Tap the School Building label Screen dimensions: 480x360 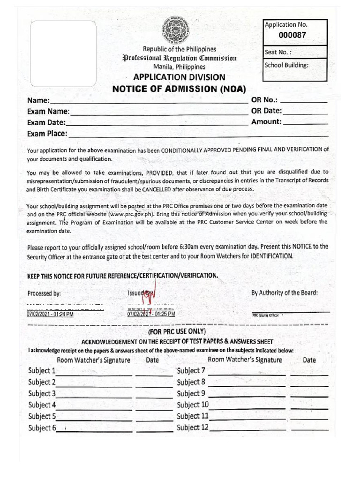click(286, 65)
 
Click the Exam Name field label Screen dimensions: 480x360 click(48, 112)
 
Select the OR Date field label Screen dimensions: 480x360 click(266, 111)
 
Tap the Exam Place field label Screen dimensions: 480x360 click(47, 134)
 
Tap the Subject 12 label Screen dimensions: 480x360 click(193, 427)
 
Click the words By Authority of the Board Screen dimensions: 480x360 click(285, 293)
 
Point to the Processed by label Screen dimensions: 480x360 click(44, 293)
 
